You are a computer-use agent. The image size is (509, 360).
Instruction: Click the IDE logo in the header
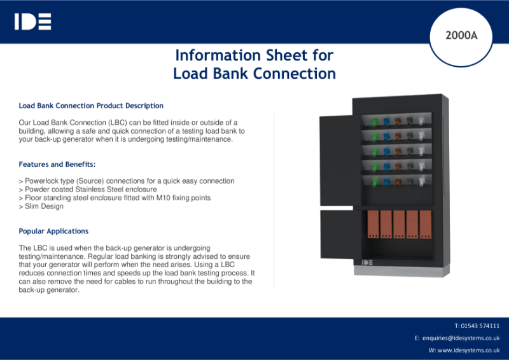tap(32, 22)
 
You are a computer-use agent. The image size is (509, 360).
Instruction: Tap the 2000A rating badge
tap(461, 36)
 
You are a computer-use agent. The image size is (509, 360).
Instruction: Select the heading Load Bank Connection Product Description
tap(91, 106)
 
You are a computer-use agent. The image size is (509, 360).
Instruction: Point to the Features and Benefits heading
tap(57, 164)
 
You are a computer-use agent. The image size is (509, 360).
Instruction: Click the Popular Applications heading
tap(53, 231)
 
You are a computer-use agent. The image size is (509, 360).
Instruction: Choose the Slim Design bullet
tap(41, 207)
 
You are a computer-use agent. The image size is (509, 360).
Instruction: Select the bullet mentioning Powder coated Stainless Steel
tap(88, 190)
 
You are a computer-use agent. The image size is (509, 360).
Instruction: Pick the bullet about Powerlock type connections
tap(127, 181)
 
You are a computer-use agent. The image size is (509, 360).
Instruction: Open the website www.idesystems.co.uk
tap(468, 350)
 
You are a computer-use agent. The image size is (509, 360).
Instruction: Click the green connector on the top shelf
tap(375, 121)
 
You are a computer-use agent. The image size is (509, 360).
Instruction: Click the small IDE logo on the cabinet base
tap(367, 262)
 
